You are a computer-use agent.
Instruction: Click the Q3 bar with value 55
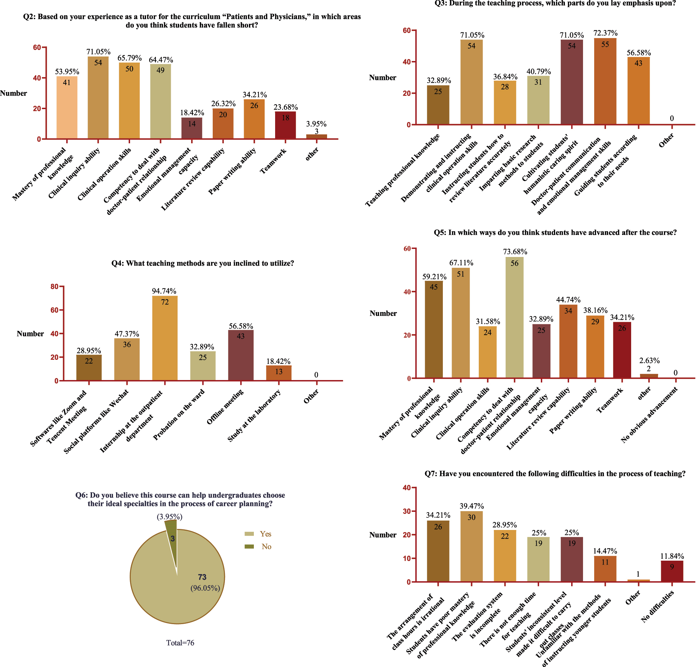coord(605,82)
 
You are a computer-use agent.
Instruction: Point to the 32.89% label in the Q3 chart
coord(439,80)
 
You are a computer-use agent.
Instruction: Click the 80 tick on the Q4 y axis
coord(54,287)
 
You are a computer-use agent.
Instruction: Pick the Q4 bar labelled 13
coord(279,373)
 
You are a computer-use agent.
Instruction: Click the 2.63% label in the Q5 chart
coord(649,361)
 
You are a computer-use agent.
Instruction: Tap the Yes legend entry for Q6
coord(265,534)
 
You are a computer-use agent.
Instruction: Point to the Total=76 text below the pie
coord(180,643)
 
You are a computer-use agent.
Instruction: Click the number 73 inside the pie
coord(202,577)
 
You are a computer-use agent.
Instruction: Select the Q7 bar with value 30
coord(471,547)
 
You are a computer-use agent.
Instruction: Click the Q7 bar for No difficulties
coord(672,571)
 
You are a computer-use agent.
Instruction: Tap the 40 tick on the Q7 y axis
coord(407,488)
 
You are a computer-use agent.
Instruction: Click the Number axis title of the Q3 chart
coord(383,78)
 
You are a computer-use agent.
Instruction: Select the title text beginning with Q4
coord(202,263)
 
